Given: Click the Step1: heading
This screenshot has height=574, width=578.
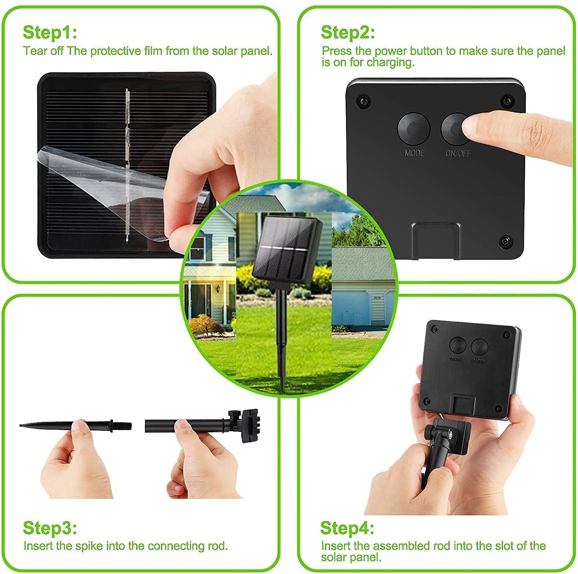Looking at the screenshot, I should click(50, 33).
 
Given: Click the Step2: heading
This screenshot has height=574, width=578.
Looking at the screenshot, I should click(348, 33).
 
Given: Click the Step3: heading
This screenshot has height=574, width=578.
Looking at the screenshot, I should click(50, 528).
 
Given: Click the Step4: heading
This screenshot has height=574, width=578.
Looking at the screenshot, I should click(347, 528).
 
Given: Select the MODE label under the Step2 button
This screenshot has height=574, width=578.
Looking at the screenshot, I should click(414, 153).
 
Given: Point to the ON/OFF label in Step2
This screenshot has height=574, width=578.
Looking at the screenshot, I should click(458, 153).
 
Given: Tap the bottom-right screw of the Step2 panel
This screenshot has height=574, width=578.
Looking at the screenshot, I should click(505, 241).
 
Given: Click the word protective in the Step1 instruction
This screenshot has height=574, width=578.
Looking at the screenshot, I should click(115, 51).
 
